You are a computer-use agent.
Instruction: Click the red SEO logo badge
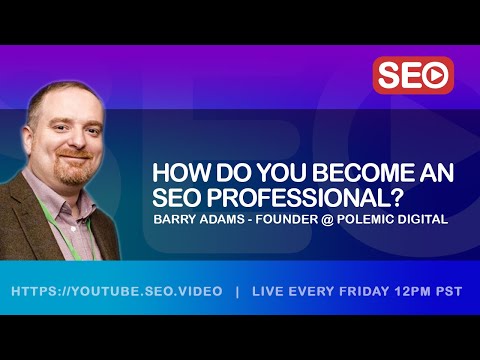pyautogui.click(x=413, y=75)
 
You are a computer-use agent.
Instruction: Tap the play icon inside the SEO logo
pyautogui.click(x=436, y=75)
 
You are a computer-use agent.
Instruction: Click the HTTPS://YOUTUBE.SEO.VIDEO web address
pyautogui.click(x=115, y=293)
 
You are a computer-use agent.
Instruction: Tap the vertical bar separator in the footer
pyautogui.click(x=236, y=293)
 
